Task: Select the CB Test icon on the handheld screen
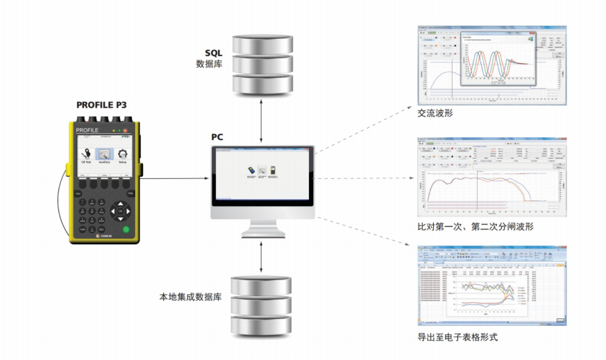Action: point(86,155)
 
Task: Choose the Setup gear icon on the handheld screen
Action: point(122,155)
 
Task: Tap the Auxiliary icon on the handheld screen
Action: point(104,155)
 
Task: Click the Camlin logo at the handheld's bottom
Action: point(103,237)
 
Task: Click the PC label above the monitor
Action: point(217,137)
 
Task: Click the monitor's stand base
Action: point(261,232)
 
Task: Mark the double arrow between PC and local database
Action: point(261,256)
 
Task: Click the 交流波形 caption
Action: point(435,112)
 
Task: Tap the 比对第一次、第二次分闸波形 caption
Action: point(475,226)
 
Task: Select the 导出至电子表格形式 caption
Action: point(457,337)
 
